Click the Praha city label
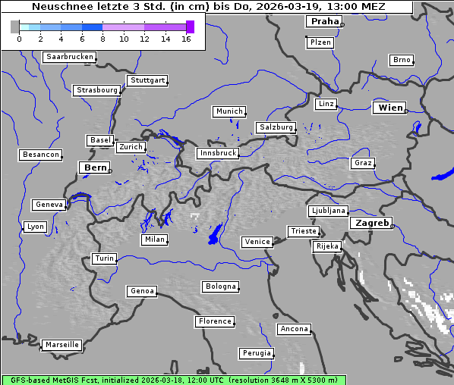324,21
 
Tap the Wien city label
390,108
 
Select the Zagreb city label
371,223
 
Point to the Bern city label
95,167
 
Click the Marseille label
62,345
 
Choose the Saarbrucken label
70,57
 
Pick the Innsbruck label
218,153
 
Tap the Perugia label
257,353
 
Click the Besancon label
41,155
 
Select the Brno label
402,60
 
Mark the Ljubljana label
329,211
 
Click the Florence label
215,321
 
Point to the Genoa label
142,291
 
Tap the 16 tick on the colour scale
186,39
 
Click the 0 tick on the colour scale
19,39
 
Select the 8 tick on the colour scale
102,39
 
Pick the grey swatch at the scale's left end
14,27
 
